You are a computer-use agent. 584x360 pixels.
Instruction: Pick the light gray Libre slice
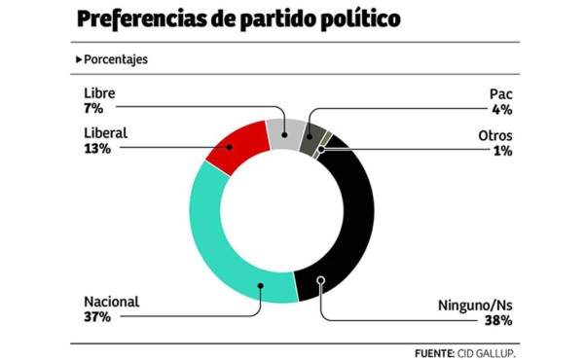point(283,129)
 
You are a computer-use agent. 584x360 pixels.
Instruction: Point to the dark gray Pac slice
point(311,135)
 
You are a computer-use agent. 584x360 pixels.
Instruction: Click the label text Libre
point(100,93)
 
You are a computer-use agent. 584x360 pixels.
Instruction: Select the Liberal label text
point(107,133)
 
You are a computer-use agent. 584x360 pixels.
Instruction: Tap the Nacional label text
point(112,302)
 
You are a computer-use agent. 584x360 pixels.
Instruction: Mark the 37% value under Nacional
point(98,317)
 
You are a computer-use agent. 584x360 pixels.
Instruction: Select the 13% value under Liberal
point(97,149)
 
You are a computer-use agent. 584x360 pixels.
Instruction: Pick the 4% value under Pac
point(502,109)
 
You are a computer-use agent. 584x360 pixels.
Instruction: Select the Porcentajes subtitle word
point(116,59)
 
